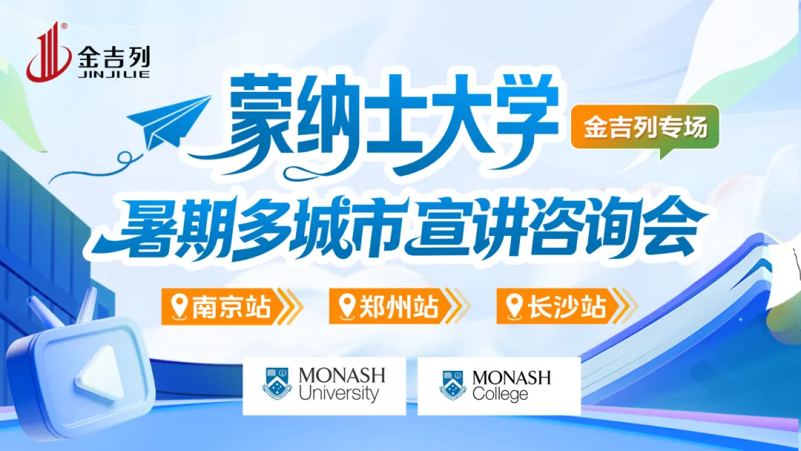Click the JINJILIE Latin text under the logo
click(x=114, y=74)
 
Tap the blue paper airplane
click(x=168, y=122)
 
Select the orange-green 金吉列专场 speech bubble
click(x=645, y=129)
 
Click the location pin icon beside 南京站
click(x=179, y=306)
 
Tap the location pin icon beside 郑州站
click(x=347, y=306)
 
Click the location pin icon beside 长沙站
click(x=514, y=306)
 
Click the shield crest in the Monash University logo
click(x=277, y=383)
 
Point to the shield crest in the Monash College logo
click(x=453, y=385)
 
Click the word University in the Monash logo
click(x=339, y=394)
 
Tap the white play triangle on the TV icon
click(x=99, y=373)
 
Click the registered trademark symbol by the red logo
click(x=64, y=26)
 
